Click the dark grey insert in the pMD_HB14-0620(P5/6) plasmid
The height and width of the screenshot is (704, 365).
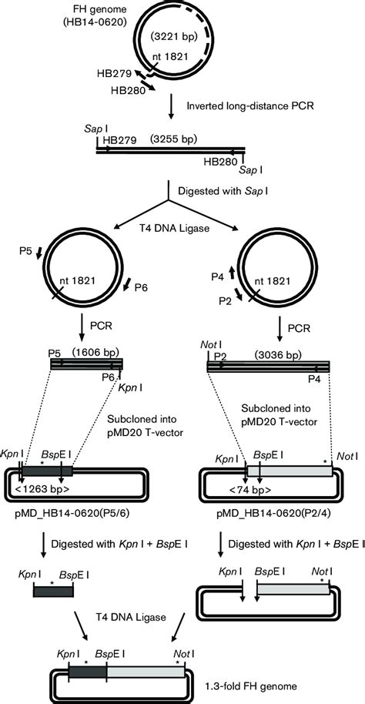coord(48,471)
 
